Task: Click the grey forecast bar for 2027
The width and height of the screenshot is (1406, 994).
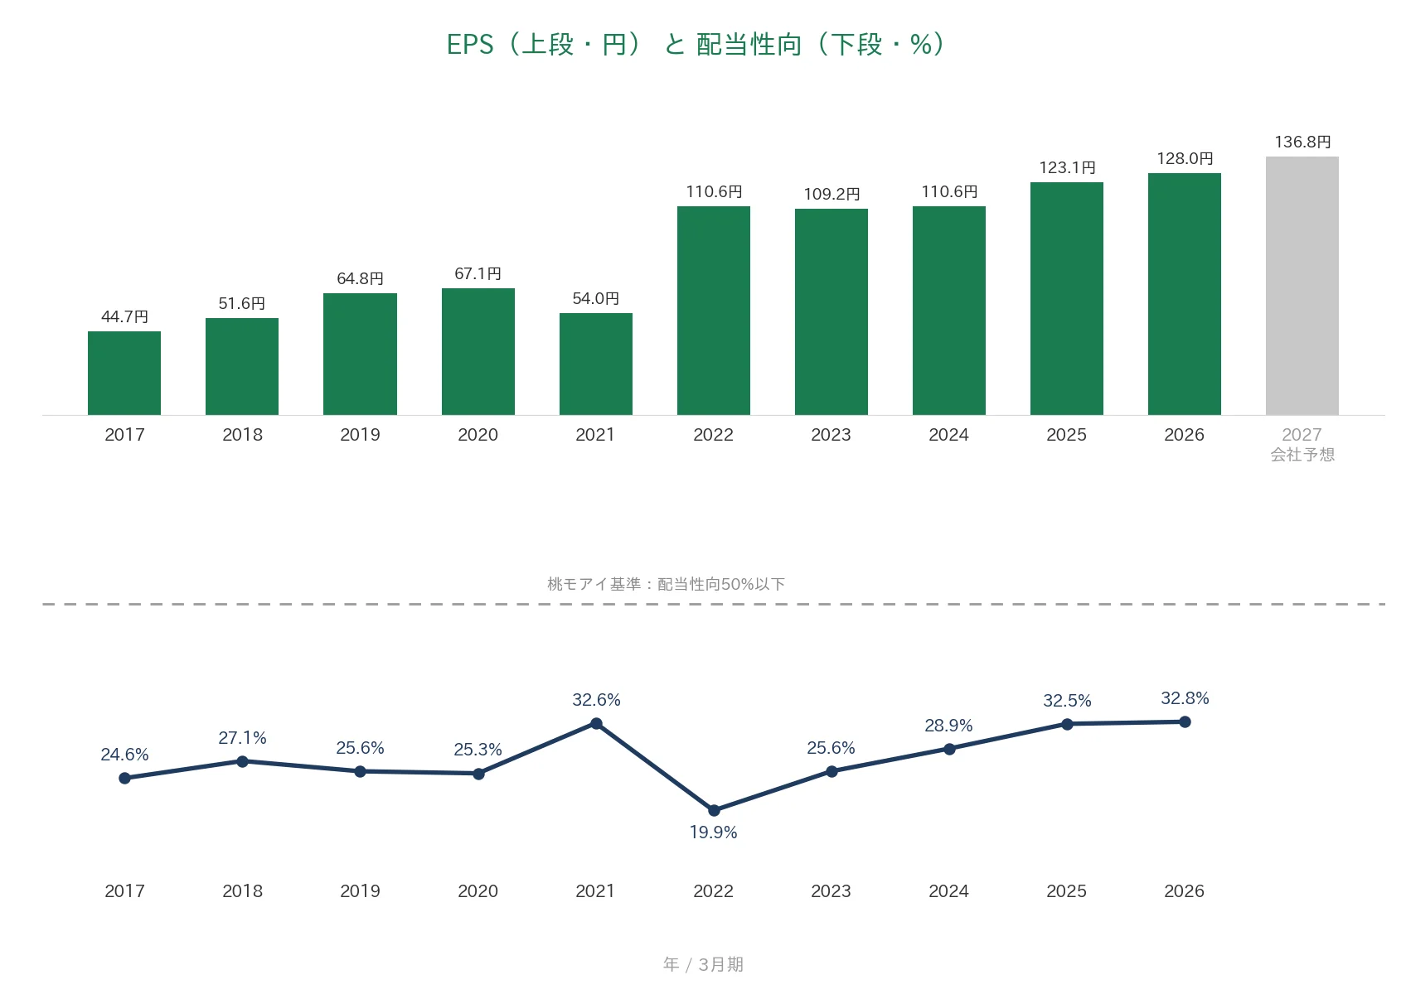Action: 1302,285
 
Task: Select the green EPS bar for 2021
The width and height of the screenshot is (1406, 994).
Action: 596,364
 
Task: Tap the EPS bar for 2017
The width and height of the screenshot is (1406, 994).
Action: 124,373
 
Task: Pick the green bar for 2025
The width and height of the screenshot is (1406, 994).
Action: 1066,298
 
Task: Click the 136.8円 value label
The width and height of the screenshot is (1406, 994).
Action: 1302,142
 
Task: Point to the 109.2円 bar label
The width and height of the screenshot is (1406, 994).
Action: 831,194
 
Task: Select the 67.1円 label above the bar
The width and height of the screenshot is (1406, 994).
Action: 478,273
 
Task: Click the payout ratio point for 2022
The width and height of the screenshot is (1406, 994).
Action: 714,810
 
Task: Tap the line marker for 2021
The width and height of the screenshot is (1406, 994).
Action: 596,724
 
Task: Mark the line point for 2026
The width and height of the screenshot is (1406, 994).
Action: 1185,721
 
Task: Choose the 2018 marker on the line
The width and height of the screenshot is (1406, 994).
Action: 242,761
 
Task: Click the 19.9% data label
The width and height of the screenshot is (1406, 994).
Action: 713,832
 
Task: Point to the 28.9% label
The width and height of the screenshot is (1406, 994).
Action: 948,726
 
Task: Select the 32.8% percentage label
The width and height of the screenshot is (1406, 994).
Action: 1185,698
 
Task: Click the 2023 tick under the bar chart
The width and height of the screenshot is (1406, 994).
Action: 831,435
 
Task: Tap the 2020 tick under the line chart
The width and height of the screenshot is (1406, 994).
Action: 478,890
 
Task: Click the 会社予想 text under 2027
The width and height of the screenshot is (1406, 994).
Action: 1302,455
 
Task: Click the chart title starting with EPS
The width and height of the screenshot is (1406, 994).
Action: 696,45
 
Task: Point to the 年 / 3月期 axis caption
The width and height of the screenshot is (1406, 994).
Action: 703,964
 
